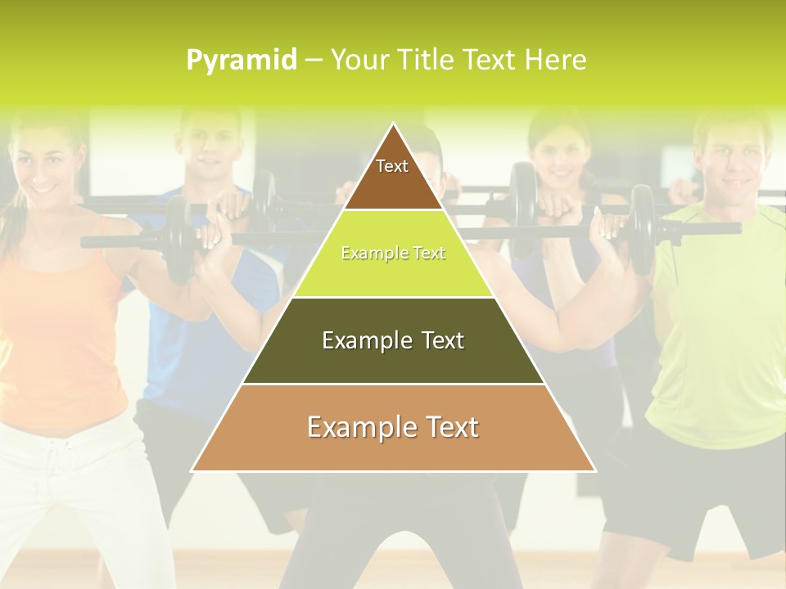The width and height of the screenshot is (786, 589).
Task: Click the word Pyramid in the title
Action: point(242,60)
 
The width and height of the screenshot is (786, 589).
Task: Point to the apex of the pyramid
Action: point(393,125)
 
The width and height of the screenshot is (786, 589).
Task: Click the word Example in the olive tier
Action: point(356,340)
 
